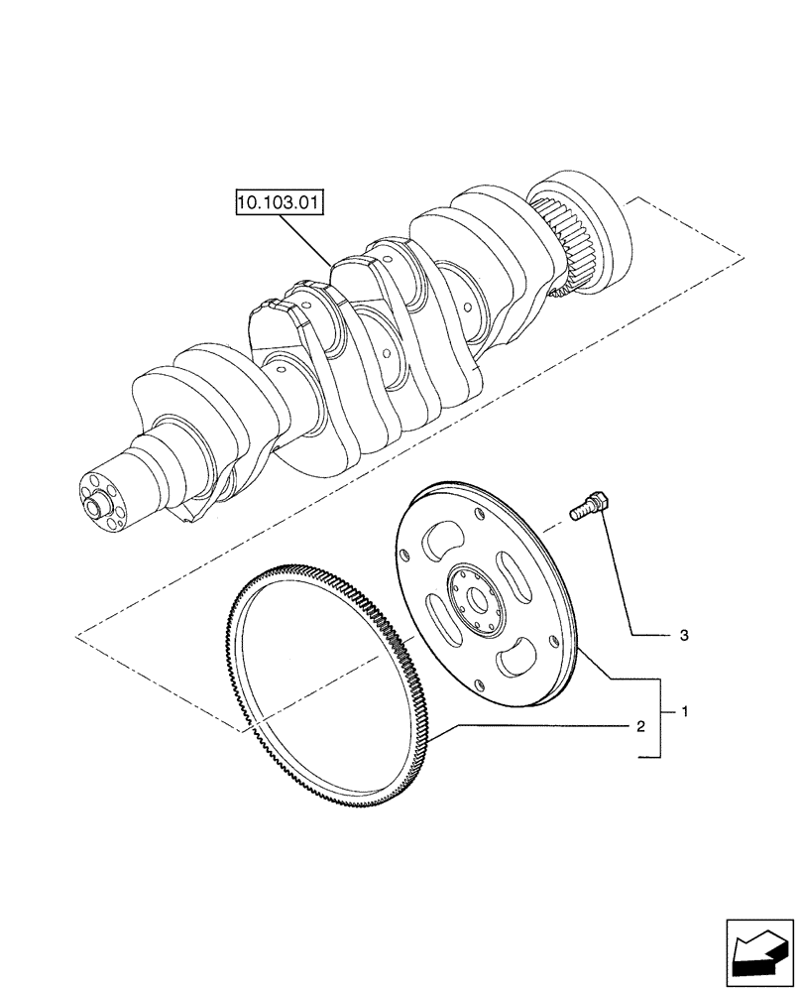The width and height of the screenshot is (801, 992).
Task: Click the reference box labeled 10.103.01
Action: pos(281,205)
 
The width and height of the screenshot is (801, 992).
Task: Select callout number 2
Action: pos(641,727)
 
